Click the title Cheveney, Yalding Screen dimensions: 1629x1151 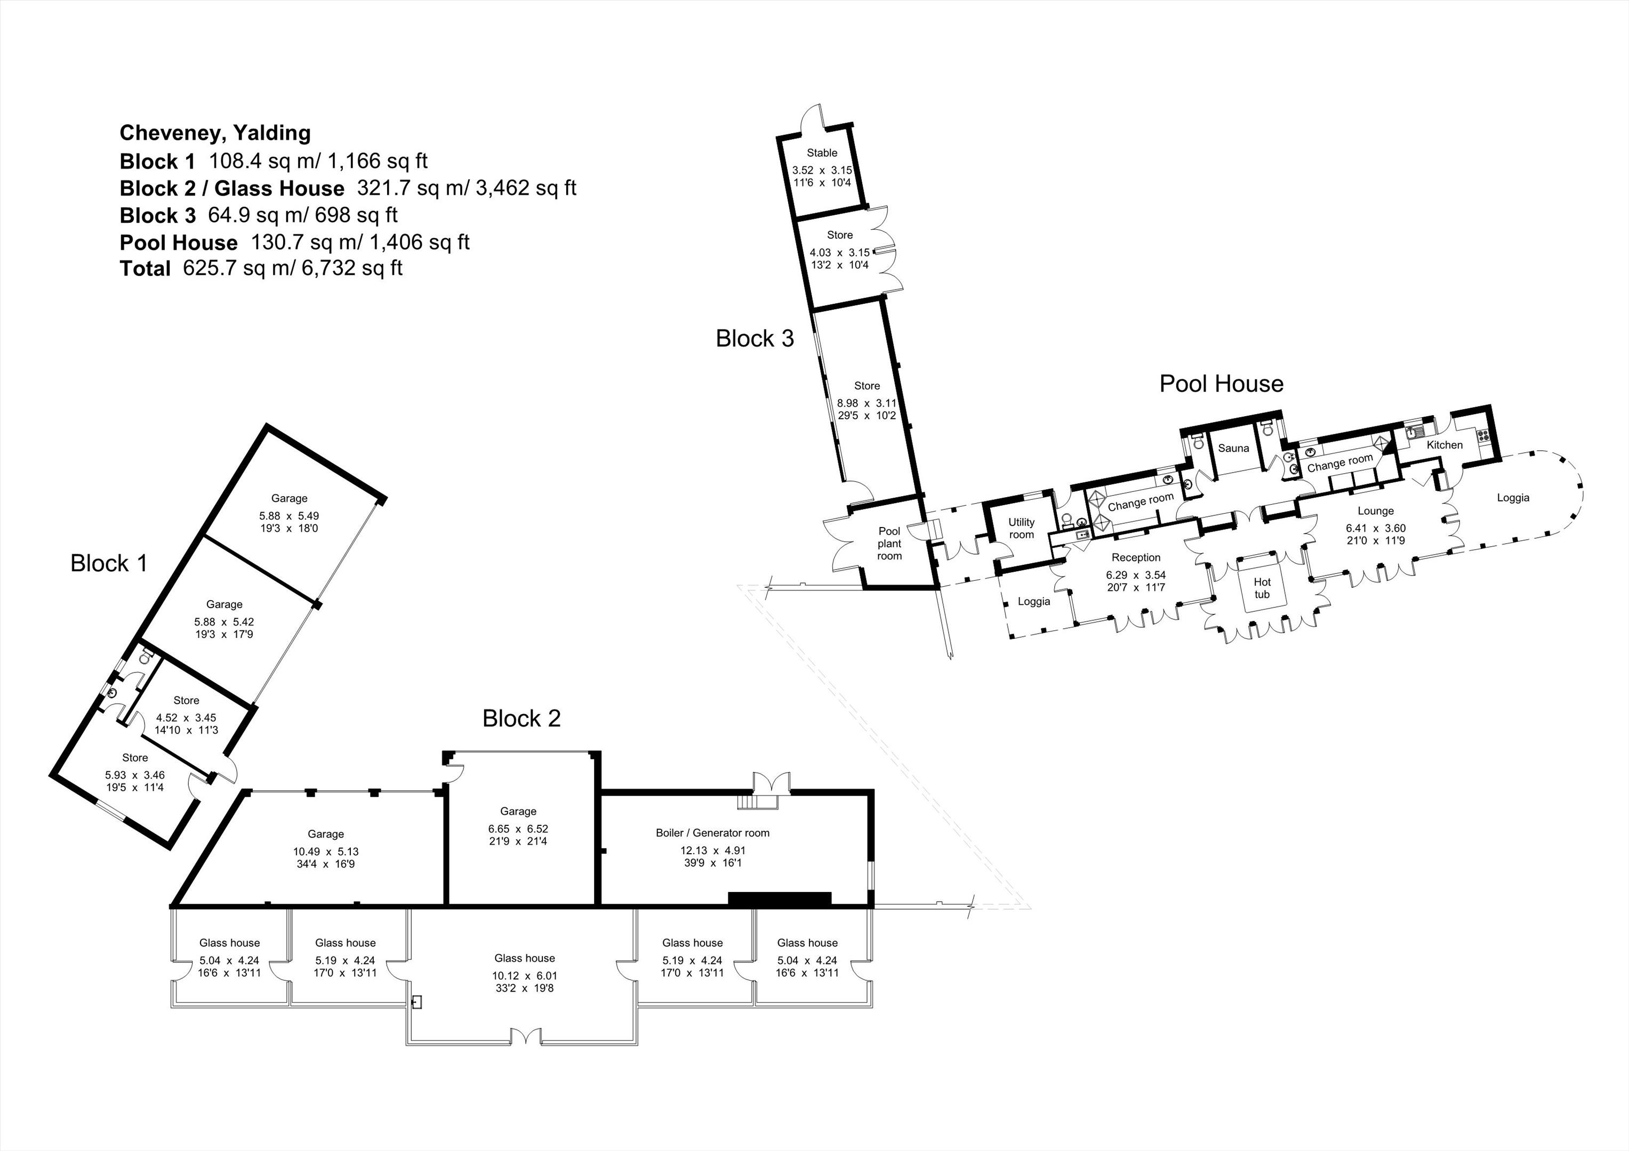click(x=215, y=133)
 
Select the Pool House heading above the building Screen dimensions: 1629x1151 click(x=1221, y=384)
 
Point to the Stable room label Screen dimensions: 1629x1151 click(x=822, y=152)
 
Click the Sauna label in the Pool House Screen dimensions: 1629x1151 click(x=1233, y=448)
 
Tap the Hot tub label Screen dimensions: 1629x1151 click(x=1262, y=588)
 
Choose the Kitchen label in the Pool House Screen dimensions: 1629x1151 click(x=1445, y=444)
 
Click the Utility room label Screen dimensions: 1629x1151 click(x=1022, y=528)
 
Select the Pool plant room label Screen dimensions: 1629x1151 click(x=889, y=543)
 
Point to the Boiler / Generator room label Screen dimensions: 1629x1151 click(x=712, y=832)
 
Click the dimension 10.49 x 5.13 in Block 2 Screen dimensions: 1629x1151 click(x=326, y=852)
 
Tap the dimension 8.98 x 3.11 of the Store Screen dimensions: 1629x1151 click(x=866, y=403)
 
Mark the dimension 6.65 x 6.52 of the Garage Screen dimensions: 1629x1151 click(x=518, y=828)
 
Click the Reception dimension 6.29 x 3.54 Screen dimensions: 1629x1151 click(x=1136, y=575)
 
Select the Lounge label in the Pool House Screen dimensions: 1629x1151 click(x=1376, y=510)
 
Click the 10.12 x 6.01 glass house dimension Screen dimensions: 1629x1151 click(x=525, y=976)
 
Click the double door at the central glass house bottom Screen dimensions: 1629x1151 click(x=525, y=1037)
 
